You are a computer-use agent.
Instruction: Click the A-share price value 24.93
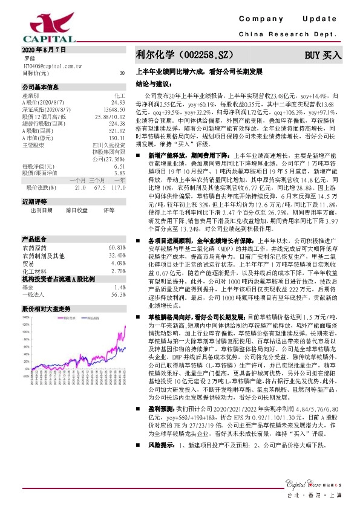click(118, 102)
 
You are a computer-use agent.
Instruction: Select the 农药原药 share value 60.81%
click(117, 248)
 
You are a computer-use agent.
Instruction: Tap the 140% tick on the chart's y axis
click(25, 316)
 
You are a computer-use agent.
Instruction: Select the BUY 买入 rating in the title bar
click(322, 54)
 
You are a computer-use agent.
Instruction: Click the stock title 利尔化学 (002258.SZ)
click(182, 54)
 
